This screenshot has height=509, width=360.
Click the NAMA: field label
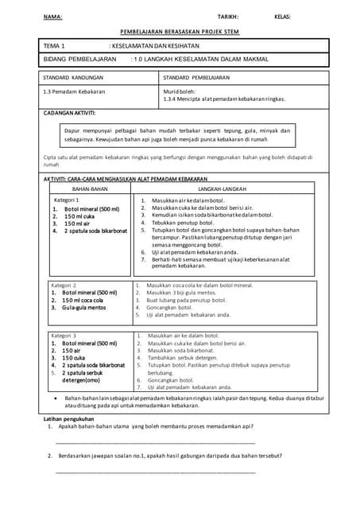tap(52, 17)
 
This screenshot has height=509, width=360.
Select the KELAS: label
tap(282, 17)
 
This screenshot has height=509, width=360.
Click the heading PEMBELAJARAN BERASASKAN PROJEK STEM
tap(180, 32)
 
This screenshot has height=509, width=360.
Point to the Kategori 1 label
tap(66, 200)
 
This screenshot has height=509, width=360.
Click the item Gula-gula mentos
tap(84, 307)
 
